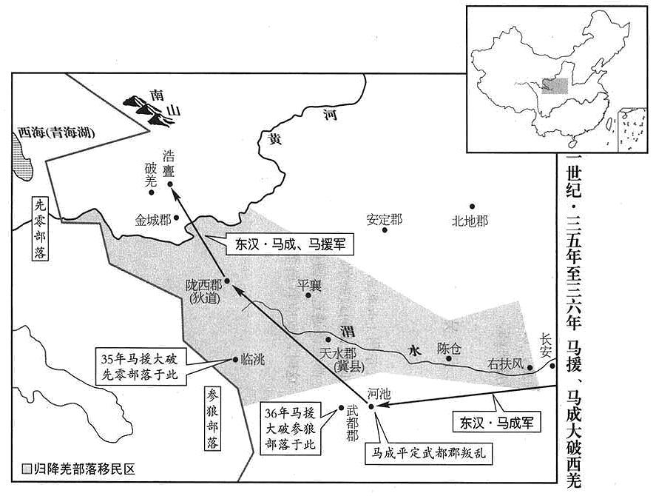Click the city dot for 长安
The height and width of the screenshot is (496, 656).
[552, 366]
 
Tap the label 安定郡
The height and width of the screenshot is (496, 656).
[384, 219]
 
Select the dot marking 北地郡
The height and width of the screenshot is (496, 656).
[472, 206]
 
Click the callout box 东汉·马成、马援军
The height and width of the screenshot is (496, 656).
[290, 244]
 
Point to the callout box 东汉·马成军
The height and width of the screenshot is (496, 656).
[496, 422]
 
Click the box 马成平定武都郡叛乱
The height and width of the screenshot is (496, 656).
[428, 453]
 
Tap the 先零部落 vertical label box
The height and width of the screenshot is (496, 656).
[40, 229]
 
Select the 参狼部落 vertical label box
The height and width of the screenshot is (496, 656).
[212, 418]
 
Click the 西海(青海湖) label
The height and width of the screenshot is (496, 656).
[56, 133]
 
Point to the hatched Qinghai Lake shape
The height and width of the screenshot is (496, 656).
[21, 158]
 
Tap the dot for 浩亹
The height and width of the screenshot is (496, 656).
[170, 184]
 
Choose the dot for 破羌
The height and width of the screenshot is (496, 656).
[152, 192]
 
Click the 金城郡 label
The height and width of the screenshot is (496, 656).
[153, 220]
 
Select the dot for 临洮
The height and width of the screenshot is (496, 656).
[235, 359]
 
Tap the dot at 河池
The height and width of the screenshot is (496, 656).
[371, 406]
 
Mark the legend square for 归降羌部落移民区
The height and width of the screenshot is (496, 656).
[27, 469]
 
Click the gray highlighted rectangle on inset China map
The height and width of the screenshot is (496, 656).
[555, 86]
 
